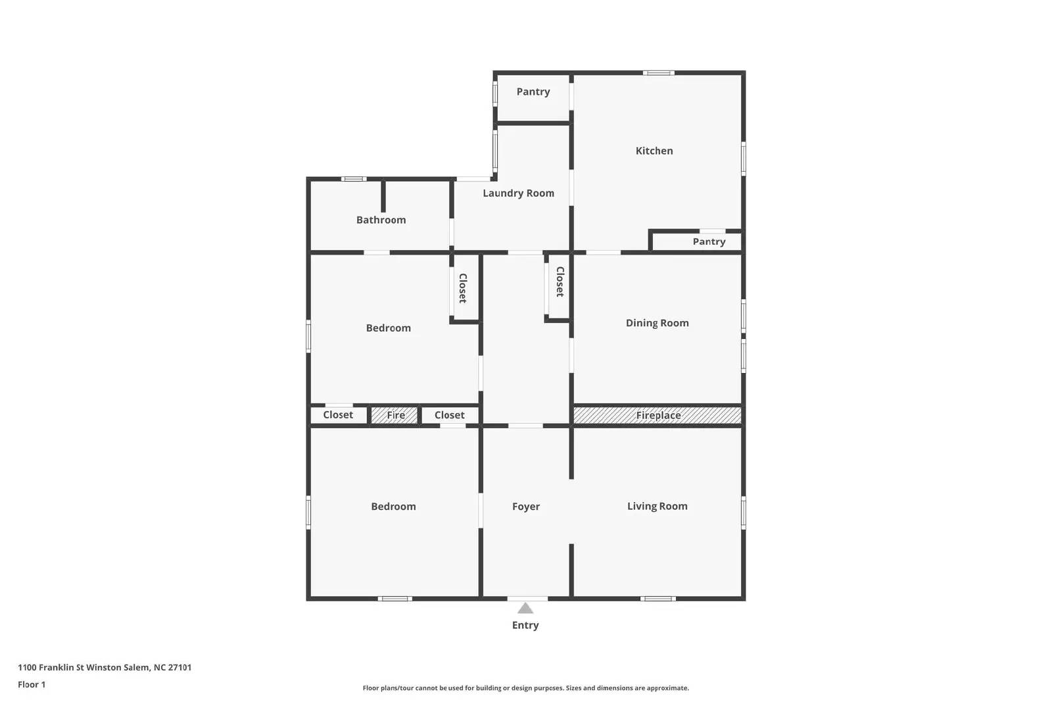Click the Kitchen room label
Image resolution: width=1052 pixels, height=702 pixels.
click(654, 151)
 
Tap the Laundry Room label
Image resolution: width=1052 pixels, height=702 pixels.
click(518, 193)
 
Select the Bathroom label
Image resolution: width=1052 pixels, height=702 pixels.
click(381, 220)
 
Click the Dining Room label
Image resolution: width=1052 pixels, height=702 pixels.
click(657, 323)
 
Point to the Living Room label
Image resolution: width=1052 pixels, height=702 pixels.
click(657, 506)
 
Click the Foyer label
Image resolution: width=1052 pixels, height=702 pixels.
click(525, 507)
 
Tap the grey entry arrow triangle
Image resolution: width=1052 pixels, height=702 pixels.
click(525, 609)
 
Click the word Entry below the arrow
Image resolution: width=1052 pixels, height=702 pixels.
click(525, 625)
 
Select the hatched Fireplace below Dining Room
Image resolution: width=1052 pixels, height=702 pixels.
click(657, 415)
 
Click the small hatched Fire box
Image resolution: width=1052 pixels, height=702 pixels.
click(395, 415)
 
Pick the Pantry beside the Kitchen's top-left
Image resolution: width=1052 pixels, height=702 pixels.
click(533, 92)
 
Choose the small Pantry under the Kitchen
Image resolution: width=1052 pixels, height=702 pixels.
click(709, 241)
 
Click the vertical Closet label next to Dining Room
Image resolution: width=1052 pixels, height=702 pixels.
click(560, 282)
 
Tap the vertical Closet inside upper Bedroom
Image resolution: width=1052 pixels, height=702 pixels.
click(463, 288)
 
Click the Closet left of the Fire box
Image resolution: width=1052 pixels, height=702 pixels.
click(338, 414)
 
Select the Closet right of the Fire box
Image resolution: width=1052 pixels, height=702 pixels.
click(449, 415)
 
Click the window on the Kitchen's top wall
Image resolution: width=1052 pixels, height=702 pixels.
click(658, 72)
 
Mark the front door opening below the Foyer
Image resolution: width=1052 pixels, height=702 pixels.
click(527, 598)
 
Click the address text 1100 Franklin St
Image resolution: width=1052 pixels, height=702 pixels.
click(105, 667)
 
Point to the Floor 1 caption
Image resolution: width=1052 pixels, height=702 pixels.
click(32, 684)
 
